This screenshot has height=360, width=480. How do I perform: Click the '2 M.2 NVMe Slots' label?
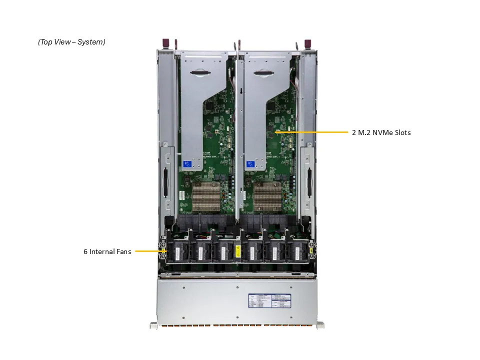pyautogui.click(x=381, y=132)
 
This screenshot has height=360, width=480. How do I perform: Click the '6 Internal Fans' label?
pyautogui.click(x=107, y=251)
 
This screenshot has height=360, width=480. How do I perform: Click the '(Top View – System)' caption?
pyautogui.click(x=71, y=42)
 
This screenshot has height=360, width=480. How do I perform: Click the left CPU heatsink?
pyautogui.click(x=206, y=195)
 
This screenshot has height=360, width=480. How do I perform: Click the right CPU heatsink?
pyautogui.click(x=268, y=195)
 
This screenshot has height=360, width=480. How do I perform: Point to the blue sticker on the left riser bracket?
pyautogui.click(x=188, y=164)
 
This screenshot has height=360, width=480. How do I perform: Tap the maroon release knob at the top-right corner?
pyautogui.click(x=308, y=43)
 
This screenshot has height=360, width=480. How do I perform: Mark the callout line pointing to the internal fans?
pyautogui.click(x=149, y=251)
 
